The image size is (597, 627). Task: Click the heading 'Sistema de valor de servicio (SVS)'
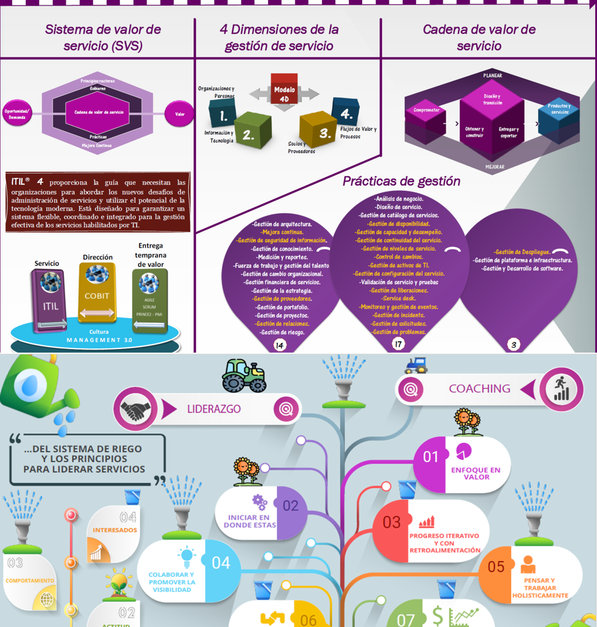(103, 37)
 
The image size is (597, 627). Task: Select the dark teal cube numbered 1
(222, 114)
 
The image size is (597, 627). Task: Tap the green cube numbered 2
(252, 130)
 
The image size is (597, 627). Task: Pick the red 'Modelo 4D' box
(284, 90)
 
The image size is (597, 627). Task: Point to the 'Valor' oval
(179, 114)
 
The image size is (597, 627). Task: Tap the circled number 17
(399, 344)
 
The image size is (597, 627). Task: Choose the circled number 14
(280, 345)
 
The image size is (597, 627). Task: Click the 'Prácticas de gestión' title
(401, 181)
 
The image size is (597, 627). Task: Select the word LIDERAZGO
(214, 409)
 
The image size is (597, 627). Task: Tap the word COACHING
(479, 389)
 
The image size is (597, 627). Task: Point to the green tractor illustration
(244, 375)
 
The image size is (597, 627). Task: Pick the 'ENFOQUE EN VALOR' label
(475, 473)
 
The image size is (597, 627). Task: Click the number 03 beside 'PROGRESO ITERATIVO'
(391, 522)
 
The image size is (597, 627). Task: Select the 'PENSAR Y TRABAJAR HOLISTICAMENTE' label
(540, 588)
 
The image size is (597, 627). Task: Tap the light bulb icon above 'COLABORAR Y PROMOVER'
(187, 555)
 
